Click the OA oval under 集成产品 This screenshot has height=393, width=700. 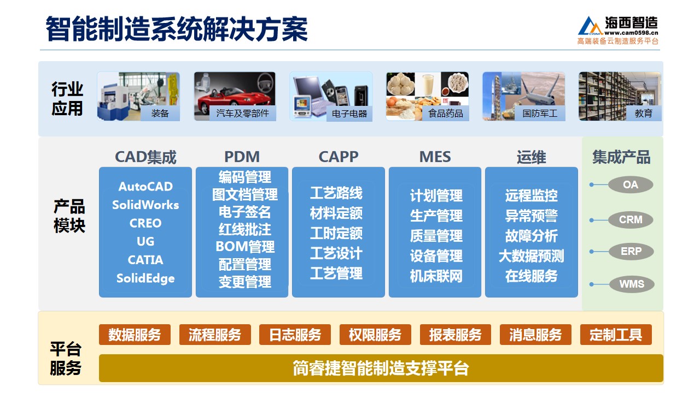(631, 184)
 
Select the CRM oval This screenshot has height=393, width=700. (631, 219)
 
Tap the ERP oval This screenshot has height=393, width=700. (631, 251)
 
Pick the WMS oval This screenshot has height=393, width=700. (632, 284)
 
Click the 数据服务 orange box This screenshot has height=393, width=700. (135, 335)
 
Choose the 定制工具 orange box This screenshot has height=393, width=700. (616, 335)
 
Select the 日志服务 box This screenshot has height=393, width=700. (295, 335)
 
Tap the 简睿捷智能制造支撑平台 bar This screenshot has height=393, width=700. (381, 368)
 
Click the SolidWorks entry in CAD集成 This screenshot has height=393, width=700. (145, 205)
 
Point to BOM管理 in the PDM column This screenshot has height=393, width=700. (245, 247)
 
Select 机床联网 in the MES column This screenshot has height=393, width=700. (436, 276)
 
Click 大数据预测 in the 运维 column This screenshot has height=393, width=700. (531, 256)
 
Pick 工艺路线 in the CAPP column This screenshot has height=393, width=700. (336, 193)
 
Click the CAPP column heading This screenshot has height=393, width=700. (339, 157)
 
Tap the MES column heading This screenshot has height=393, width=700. (435, 157)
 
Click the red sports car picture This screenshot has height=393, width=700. (235, 96)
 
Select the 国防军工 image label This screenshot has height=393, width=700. (540, 113)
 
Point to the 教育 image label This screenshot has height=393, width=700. (644, 113)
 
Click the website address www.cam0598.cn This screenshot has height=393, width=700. (631, 33)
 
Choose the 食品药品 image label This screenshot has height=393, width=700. (445, 113)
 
